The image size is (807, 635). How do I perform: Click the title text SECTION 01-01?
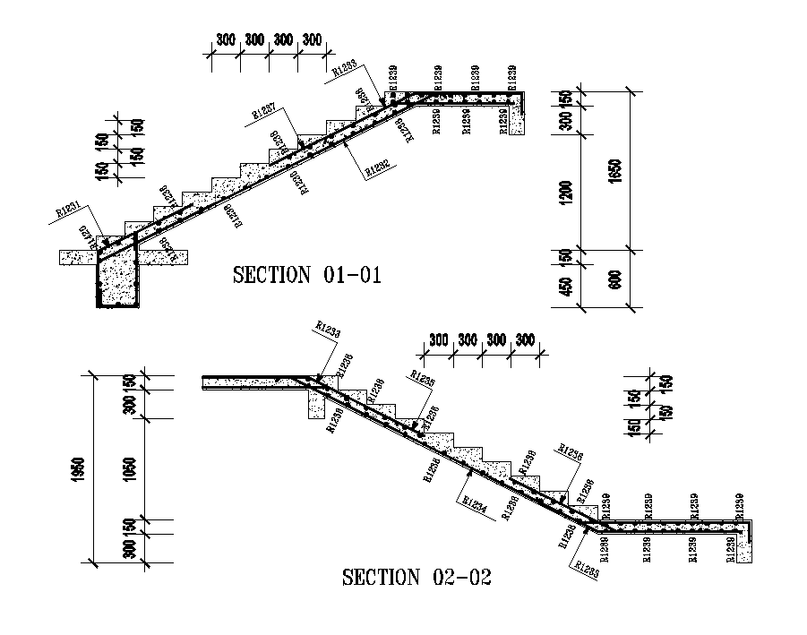307,275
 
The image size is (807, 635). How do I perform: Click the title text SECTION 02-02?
417,578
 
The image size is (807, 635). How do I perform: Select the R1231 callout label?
69,210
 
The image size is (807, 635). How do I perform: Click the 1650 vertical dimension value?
612,170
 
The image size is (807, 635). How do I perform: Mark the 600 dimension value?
612,279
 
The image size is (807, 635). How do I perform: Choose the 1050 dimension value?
130,468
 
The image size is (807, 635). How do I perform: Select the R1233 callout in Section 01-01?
345,65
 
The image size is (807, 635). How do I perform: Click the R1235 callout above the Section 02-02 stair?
423,376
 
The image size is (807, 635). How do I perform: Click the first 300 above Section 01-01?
225,40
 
